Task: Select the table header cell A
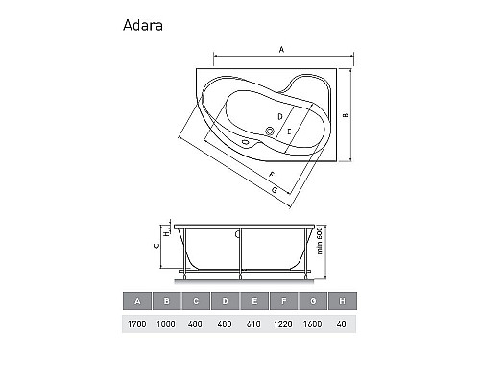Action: [137, 302]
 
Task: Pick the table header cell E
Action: [254, 302]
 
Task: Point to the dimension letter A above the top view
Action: [281, 48]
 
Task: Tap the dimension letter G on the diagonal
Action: [276, 191]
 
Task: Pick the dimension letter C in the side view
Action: [156, 246]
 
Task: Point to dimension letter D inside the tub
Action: [279, 115]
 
